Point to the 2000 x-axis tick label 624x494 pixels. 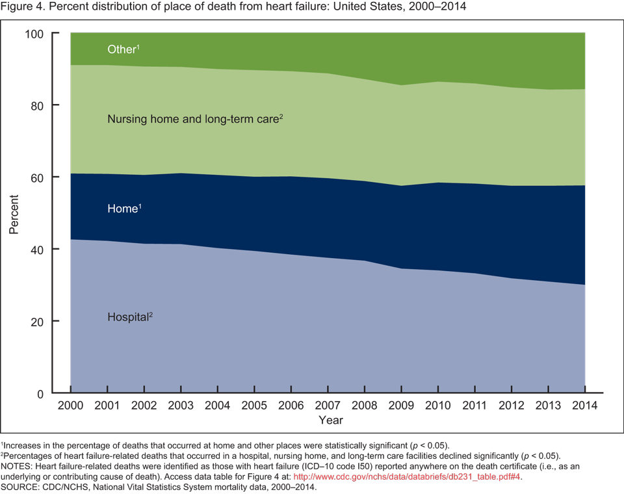[x=70, y=406]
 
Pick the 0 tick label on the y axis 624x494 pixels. [x=57, y=393]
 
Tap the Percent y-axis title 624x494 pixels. [x=14, y=213]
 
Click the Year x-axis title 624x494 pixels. [x=331, y=420]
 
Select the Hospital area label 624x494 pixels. [x=128, y=318]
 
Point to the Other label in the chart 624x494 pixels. [x=122, y=49]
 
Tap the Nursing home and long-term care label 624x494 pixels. [x=193, y=120]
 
